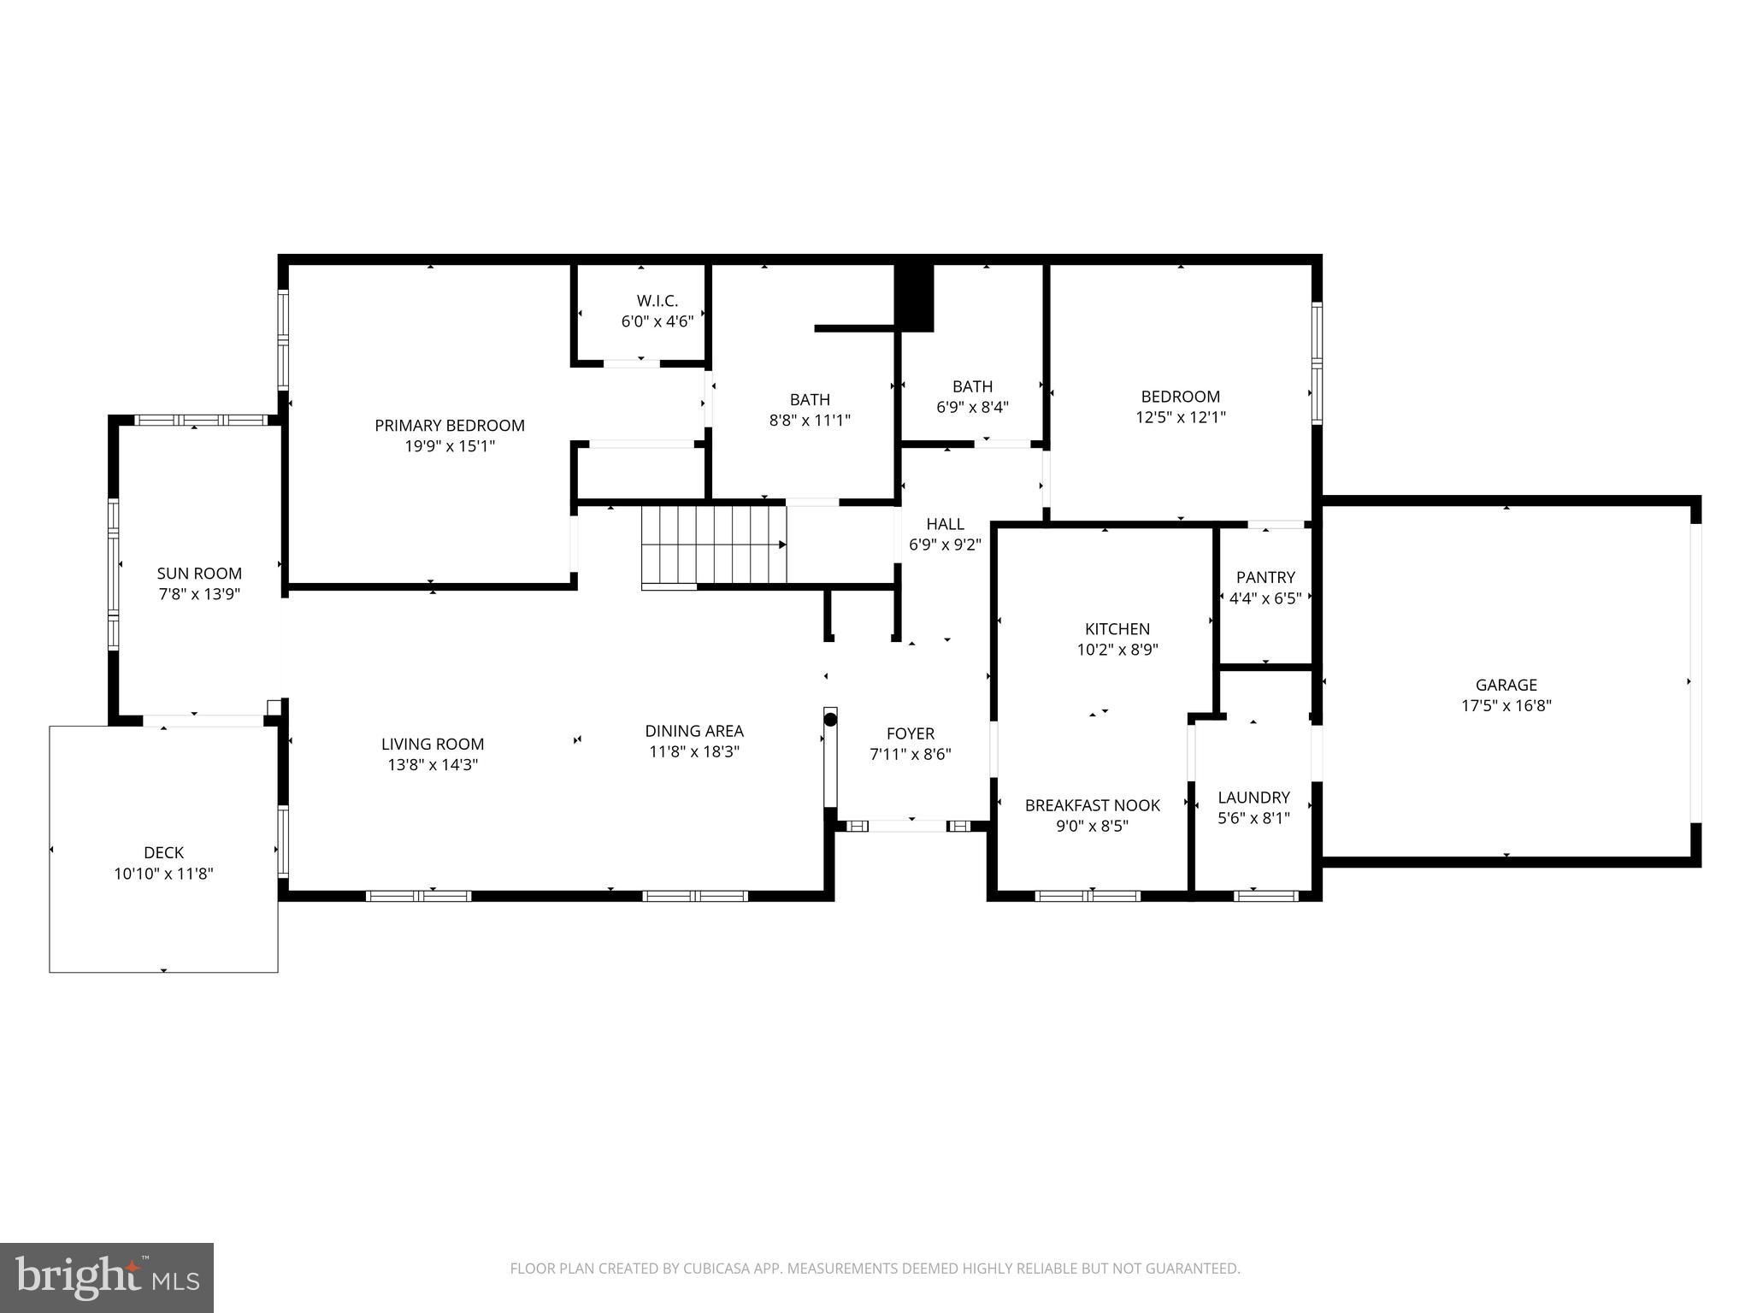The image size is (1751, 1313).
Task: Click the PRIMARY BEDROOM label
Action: pos(450,426)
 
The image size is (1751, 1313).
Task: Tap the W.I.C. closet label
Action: pos(657,301)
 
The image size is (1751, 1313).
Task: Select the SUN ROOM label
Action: pos(199,574)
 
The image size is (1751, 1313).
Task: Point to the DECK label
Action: pos(163,852)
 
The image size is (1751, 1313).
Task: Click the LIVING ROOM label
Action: pos(433,745)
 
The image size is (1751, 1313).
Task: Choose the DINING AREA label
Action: pos(694,731)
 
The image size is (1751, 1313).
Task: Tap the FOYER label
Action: pos(911,733)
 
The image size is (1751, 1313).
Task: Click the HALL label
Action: pos(945,524)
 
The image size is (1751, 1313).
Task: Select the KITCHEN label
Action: pos(1117,629)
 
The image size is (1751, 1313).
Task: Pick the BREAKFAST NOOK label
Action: pos(1093,805)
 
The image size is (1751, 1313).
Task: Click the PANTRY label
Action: pos(1265,578)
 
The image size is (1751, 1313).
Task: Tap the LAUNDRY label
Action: pos(1253,798)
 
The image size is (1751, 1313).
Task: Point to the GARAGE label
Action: pos(1506,685)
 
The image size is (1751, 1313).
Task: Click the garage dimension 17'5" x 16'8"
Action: pos(1506,706)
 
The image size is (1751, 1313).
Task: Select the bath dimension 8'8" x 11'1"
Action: pos(810,421)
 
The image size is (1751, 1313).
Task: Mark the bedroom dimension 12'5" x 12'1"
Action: pos(1181,418)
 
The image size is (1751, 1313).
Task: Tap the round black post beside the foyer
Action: pos(830,720)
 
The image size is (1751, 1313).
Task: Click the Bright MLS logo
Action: pos(107,1278)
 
